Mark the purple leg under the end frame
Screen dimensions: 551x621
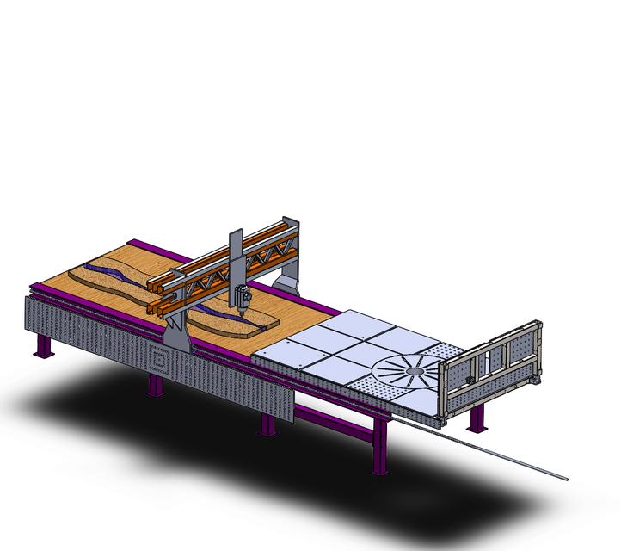476,419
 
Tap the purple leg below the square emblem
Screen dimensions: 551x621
155,385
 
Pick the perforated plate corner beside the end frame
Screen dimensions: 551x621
448,352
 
